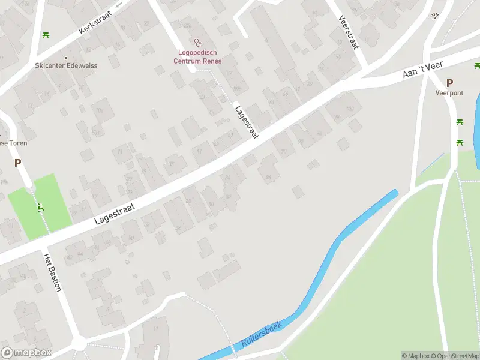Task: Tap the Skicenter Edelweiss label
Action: tap(66, 65)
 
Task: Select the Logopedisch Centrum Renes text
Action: tap(197, 57)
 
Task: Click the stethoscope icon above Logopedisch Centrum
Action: tap(197, 42)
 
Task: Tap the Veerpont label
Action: tap(449, 93)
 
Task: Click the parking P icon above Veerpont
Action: tap(449, 83)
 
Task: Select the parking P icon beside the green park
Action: tap(18, 163)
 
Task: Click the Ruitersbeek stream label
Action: tap(261, 335)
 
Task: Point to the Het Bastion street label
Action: tap(52, 272)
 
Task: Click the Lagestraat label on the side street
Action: tap(247, 123)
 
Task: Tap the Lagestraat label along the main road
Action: tap(115, 214)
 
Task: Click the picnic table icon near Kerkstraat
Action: tap(46, 34)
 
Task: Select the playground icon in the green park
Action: tap(40, 208)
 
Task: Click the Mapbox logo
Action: tap(26, 353)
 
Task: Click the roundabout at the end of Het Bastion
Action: tap(79, 343)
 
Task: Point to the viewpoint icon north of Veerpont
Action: tap(436, 16)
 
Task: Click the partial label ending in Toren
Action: tap(13, 143)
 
